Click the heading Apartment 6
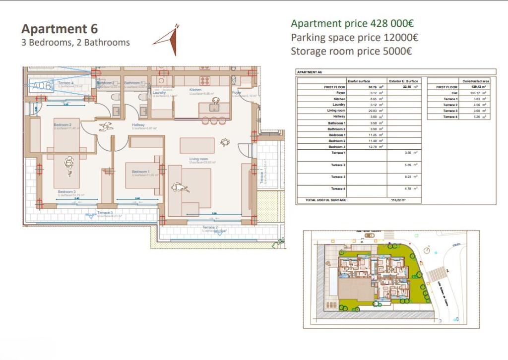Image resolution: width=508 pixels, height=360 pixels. tap(60, 28)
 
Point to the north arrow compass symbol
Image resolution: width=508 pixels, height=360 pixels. tap(168, 40)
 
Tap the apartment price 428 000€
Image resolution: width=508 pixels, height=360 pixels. tap(352, 23)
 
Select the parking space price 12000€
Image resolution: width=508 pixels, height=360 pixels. tap(354, 37)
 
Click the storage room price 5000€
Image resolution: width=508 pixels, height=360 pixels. tap(351, 51)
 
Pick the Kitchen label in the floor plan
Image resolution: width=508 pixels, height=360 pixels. tap(195, 90)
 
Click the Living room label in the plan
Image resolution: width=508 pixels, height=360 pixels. tap(198, 159)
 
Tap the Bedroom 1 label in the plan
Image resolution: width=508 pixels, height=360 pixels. tap(140, 172)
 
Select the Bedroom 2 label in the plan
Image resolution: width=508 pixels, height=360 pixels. tap(63, 125)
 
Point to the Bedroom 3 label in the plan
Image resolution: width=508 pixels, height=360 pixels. tap(66, 191)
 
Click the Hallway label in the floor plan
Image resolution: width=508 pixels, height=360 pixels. tap(138, 125)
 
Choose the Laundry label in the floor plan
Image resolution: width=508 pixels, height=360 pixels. tap(159, 92)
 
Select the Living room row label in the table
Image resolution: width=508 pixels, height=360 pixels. tap(337, 111)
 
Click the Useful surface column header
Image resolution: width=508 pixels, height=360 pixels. tap(359, 81)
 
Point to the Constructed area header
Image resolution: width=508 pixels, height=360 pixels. tap(475, 81)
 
